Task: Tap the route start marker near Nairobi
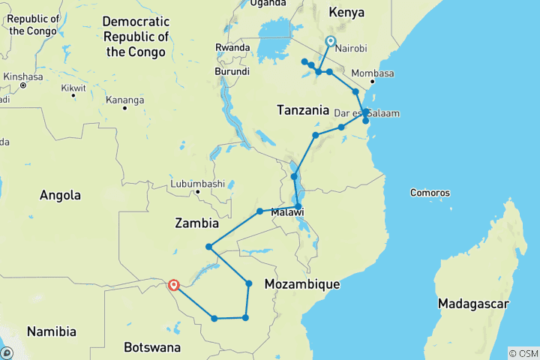point(331,42)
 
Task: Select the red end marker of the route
point(174,285)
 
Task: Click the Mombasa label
point(387,73)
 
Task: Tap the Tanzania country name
point(303,110)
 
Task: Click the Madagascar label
point(474,304)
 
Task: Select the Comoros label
point(430,193)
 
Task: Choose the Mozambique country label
point(302,284)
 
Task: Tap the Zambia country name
point(196,223)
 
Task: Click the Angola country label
point(61,195)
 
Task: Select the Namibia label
point(52,331)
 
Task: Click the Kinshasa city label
point(22,76)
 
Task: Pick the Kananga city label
point(124,100)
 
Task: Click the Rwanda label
point(232,47)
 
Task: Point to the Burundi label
point(232,71)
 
